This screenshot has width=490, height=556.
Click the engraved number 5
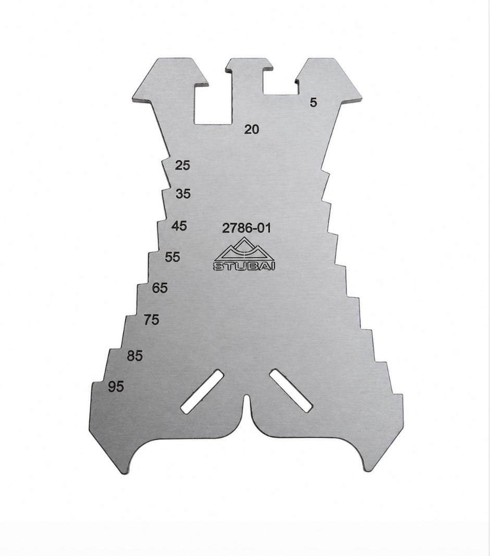pyautogui.click(x=313, y=103)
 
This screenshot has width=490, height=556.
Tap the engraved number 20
pyautogui.click(x=251, y=130)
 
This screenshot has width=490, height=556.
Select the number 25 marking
pyautogui.click(x=182, y=165)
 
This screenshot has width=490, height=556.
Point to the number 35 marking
pyautogui.click(x=183, y=194)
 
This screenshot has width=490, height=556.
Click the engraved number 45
pyautogui.click(x=179, y=226)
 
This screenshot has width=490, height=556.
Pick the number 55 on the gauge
pyautogui.click(x=172, y=257)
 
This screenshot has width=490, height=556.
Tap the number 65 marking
pyautogui.click(x=160, y=287)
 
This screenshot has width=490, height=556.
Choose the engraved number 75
pyautogui.click(x=151, y=320)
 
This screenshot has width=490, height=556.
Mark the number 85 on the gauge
pyautogui.click(x=135, y=356)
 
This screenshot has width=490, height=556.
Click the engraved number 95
pyautogui.click(x=116, y=386)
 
